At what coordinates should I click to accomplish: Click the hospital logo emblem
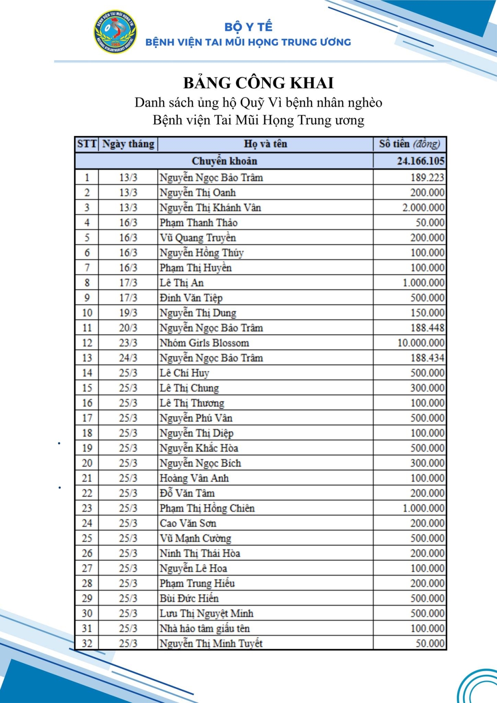click(116, 32)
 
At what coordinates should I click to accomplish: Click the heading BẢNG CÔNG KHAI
click(258, 83)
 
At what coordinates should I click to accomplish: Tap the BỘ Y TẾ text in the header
click(248, 27)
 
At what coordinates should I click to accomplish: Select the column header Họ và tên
click(265, 144)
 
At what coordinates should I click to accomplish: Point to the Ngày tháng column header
click(128, 144)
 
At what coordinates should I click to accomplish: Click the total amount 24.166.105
click(420, 161)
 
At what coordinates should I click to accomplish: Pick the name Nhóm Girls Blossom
click(205, 343)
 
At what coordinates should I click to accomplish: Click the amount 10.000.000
click(421, 343)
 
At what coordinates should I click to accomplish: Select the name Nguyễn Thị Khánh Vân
click(210, 208)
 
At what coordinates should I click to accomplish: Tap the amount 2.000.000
click(423, 208)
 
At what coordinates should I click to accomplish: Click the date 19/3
click(128, 313)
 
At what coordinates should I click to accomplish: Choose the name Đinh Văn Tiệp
click(191, 298)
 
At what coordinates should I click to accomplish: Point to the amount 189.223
click(427, 178)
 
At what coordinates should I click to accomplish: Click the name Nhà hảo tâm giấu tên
click(205, 628)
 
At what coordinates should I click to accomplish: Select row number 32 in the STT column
click(87, 643)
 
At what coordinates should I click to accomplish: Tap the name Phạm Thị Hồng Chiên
click(207, 508)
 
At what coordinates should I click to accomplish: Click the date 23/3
click(128, 343)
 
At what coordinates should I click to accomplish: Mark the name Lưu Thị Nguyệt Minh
click(207, 614)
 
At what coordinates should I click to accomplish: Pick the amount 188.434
click(427, 358)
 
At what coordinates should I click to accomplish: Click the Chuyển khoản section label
click(224, 161)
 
